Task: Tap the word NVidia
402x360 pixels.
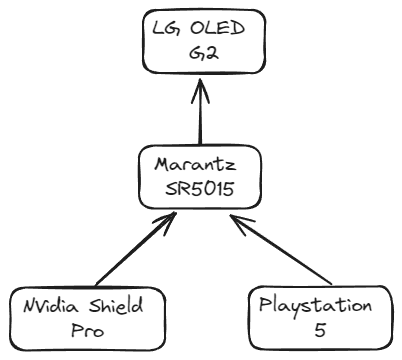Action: tap(47, 305)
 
